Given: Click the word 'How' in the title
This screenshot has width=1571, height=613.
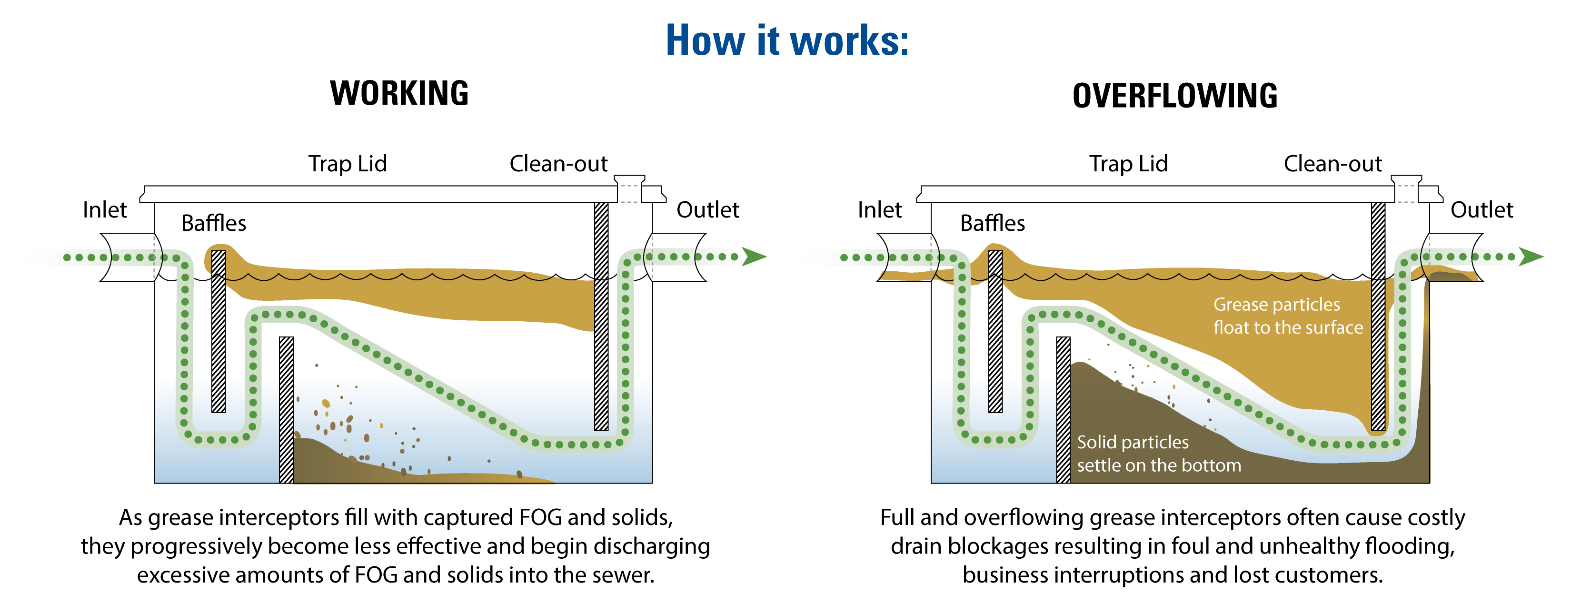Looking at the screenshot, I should pyautogui.click(x=705, y=41).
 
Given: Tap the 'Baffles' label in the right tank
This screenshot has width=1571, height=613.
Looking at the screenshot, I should pyautogui.click(x=992, y=223).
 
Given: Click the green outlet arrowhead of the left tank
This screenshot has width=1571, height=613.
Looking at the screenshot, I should pyautogui.click(x=754, y=257).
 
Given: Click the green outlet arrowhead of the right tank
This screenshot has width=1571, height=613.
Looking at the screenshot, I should pyautogui.click(x=1531, y=257).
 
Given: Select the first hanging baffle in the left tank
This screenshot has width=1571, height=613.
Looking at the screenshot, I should pyautogui.click(x=219, y=331).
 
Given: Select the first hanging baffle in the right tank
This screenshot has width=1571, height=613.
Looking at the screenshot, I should pyautogui.click(x=995, y=331).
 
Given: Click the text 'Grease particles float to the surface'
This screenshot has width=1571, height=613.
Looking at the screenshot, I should pyautogui.click(x=1287, y=316).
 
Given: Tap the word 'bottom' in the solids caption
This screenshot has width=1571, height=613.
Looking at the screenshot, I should pyautogui.click(x=1211, y=465).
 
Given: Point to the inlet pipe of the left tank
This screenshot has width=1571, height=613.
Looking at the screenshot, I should pyautogui.click(x=85, y=257).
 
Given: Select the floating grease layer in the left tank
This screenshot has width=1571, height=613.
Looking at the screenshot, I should pyautogui.click(x=427, y=293).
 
